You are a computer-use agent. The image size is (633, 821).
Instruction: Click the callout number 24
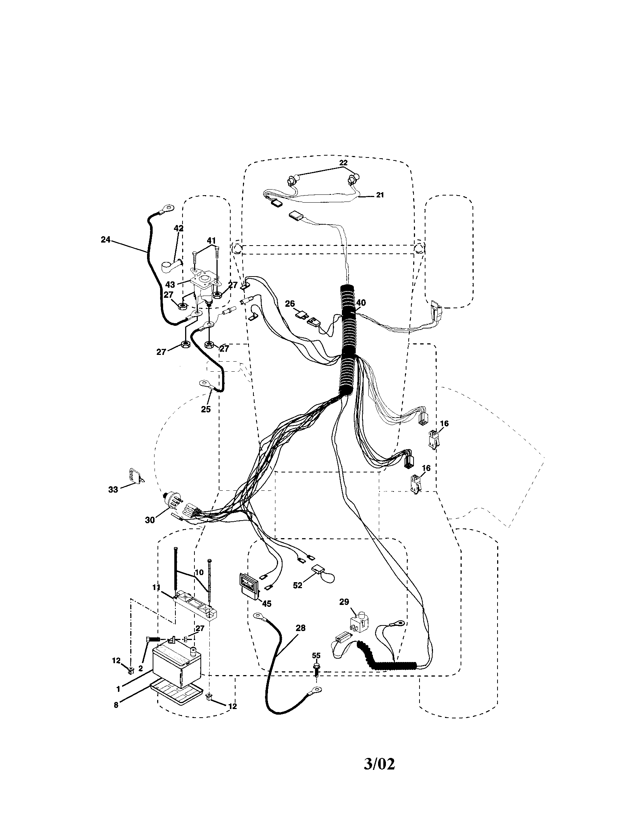click(106, 239)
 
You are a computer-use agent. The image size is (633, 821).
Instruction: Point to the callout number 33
click(113, 490)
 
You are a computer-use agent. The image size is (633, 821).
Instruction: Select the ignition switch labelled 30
click(173, 501)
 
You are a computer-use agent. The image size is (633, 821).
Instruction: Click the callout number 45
click(266, 603)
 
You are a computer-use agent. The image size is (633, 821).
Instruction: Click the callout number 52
click(298, 586)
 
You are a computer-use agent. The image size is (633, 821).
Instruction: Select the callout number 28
click(301, 628)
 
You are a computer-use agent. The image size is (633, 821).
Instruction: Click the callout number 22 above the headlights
click(343, 163)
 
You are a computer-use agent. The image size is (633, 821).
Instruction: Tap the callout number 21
click(380, 195)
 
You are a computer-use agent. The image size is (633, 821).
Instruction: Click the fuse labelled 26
click(301, 313)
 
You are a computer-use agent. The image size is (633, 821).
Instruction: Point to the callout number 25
click(206, 409)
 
